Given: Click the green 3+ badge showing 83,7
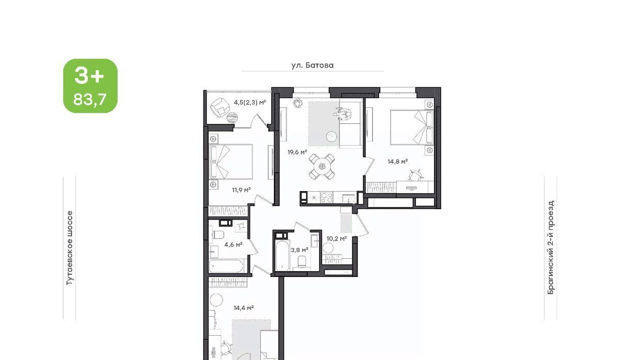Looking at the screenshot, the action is point(90,86).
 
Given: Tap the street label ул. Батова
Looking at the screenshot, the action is point(312,65).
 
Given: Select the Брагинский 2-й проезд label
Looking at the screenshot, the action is point(551,247).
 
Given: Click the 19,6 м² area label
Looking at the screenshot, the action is point(297,152).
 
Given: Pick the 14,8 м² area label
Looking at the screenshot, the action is point(397,161).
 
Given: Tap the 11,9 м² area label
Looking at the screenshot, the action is point(241,190).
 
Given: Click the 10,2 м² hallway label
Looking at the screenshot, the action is point(336,239).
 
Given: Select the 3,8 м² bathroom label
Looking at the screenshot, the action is point(300,250).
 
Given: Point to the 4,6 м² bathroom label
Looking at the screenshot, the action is point(234,245).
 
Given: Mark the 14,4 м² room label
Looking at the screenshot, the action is point(243,308).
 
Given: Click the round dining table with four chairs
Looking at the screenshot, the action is point(321,166).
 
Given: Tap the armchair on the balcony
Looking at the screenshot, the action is point(220,108).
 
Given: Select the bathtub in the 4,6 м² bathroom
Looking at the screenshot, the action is point(226,266).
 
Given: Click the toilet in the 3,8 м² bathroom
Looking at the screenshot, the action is point(301,261).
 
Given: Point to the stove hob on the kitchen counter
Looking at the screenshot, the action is point(327,198).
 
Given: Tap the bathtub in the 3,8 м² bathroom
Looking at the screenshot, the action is point(283,256).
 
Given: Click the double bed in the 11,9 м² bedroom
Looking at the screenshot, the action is point(231,162).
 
